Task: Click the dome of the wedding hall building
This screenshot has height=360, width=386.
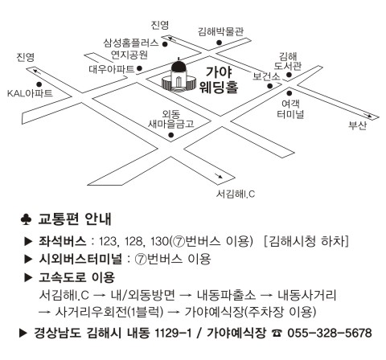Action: pos(179,66)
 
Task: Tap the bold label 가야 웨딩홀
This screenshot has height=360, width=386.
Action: pos(219,80)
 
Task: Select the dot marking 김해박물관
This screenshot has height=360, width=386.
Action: pos(219,43)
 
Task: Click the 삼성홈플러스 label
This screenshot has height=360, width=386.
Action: pos(131,43)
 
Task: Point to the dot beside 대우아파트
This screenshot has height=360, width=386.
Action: pos(139,68)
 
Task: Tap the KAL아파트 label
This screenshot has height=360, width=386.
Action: pos(30,93)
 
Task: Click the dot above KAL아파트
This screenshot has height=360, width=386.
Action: pos(39,84)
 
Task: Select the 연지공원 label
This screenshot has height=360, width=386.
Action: pos(129,55)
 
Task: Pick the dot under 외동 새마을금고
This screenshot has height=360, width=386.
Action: pos(171,135)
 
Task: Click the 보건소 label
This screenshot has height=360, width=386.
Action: pos(266,76)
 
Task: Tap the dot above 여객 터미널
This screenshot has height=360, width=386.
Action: pos(289,93)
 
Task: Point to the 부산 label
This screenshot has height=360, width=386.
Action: pos(357,125)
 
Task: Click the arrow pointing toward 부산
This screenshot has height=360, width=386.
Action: pos(368,115)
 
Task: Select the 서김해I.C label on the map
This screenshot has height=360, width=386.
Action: pos(236,194)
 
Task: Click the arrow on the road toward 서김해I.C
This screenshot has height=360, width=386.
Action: pos(218,175)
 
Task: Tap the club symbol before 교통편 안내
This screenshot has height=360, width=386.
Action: pos(27,219)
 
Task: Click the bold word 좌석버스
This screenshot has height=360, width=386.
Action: pos(63,241)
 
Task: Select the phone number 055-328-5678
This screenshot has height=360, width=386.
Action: pos(330,333)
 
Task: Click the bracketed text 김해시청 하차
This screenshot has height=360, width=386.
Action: pos(306,241)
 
